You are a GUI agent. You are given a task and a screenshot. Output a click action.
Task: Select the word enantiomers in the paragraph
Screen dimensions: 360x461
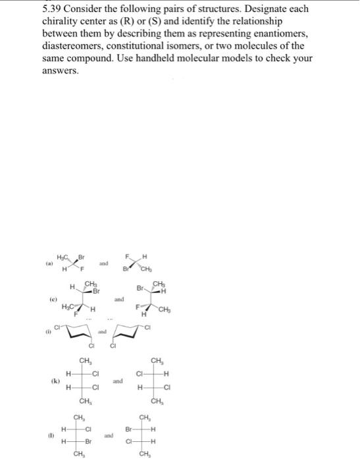[272, 34]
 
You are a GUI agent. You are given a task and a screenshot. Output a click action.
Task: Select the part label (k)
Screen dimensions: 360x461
[47, 381]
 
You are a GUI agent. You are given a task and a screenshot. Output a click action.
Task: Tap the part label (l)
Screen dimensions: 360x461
[47, 435]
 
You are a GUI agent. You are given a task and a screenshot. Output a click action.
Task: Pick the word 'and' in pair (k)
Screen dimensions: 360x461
[117, 381]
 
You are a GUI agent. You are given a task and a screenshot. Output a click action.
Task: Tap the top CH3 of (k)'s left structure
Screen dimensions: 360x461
[85, 360]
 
